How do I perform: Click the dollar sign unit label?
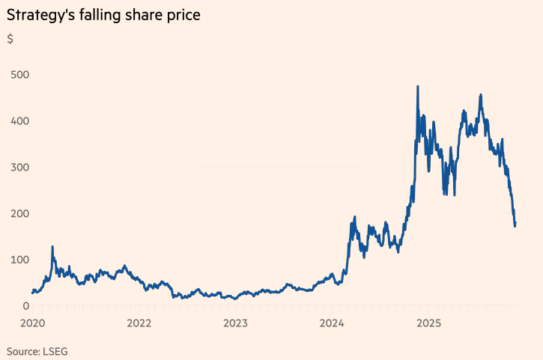point(10,39)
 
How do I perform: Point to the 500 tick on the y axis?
point(19,74)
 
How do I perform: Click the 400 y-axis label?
point(19,120)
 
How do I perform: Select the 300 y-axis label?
point(19,167)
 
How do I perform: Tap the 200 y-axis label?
point(19,213)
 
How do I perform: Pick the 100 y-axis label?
point(19,260)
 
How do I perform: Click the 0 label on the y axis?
point(25,305)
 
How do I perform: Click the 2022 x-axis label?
point(139,323)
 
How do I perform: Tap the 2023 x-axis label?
point(235,323)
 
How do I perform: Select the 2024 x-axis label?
point(331,323)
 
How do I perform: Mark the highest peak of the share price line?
point(417,87)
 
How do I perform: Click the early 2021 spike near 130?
point(52,246)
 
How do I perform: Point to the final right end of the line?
point(515,223)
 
